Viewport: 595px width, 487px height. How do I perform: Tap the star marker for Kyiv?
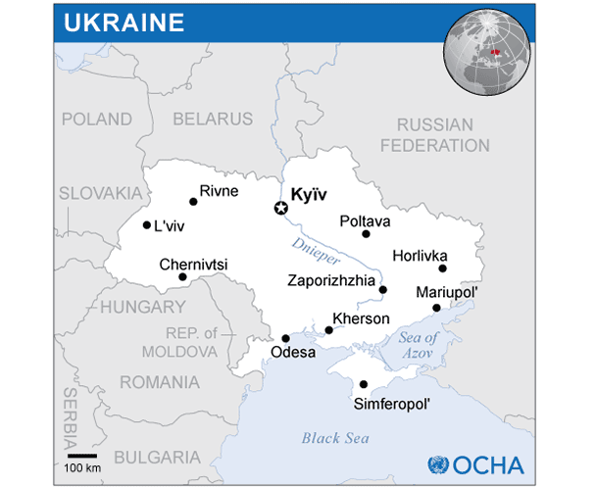[x=280, y=208]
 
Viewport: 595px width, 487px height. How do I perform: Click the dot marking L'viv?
[x=147, y=225]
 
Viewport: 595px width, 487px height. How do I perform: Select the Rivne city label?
[x=219, y=190]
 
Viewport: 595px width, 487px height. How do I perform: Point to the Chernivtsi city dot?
[x=182, y=277]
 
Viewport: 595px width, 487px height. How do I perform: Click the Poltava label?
[x=365, y=220]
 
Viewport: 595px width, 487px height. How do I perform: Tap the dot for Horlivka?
[x=442, y=268]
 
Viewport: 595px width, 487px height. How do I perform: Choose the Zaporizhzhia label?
[x=330, y=280]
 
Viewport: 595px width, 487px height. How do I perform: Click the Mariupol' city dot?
[x=436, y=308]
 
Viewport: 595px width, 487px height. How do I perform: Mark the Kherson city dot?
[x=328, y=330]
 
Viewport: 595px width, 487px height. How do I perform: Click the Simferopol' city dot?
[x=364, y=384]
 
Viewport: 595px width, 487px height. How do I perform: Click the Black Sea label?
[x=335, y=437]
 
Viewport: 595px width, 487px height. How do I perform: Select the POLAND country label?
[x=96, y=119]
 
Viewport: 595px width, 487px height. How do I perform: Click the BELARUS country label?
[x=213, y=119]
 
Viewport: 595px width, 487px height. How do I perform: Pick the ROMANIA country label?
[x=158, y=382]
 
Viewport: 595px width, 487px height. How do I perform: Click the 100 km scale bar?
[x=82, y=455]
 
